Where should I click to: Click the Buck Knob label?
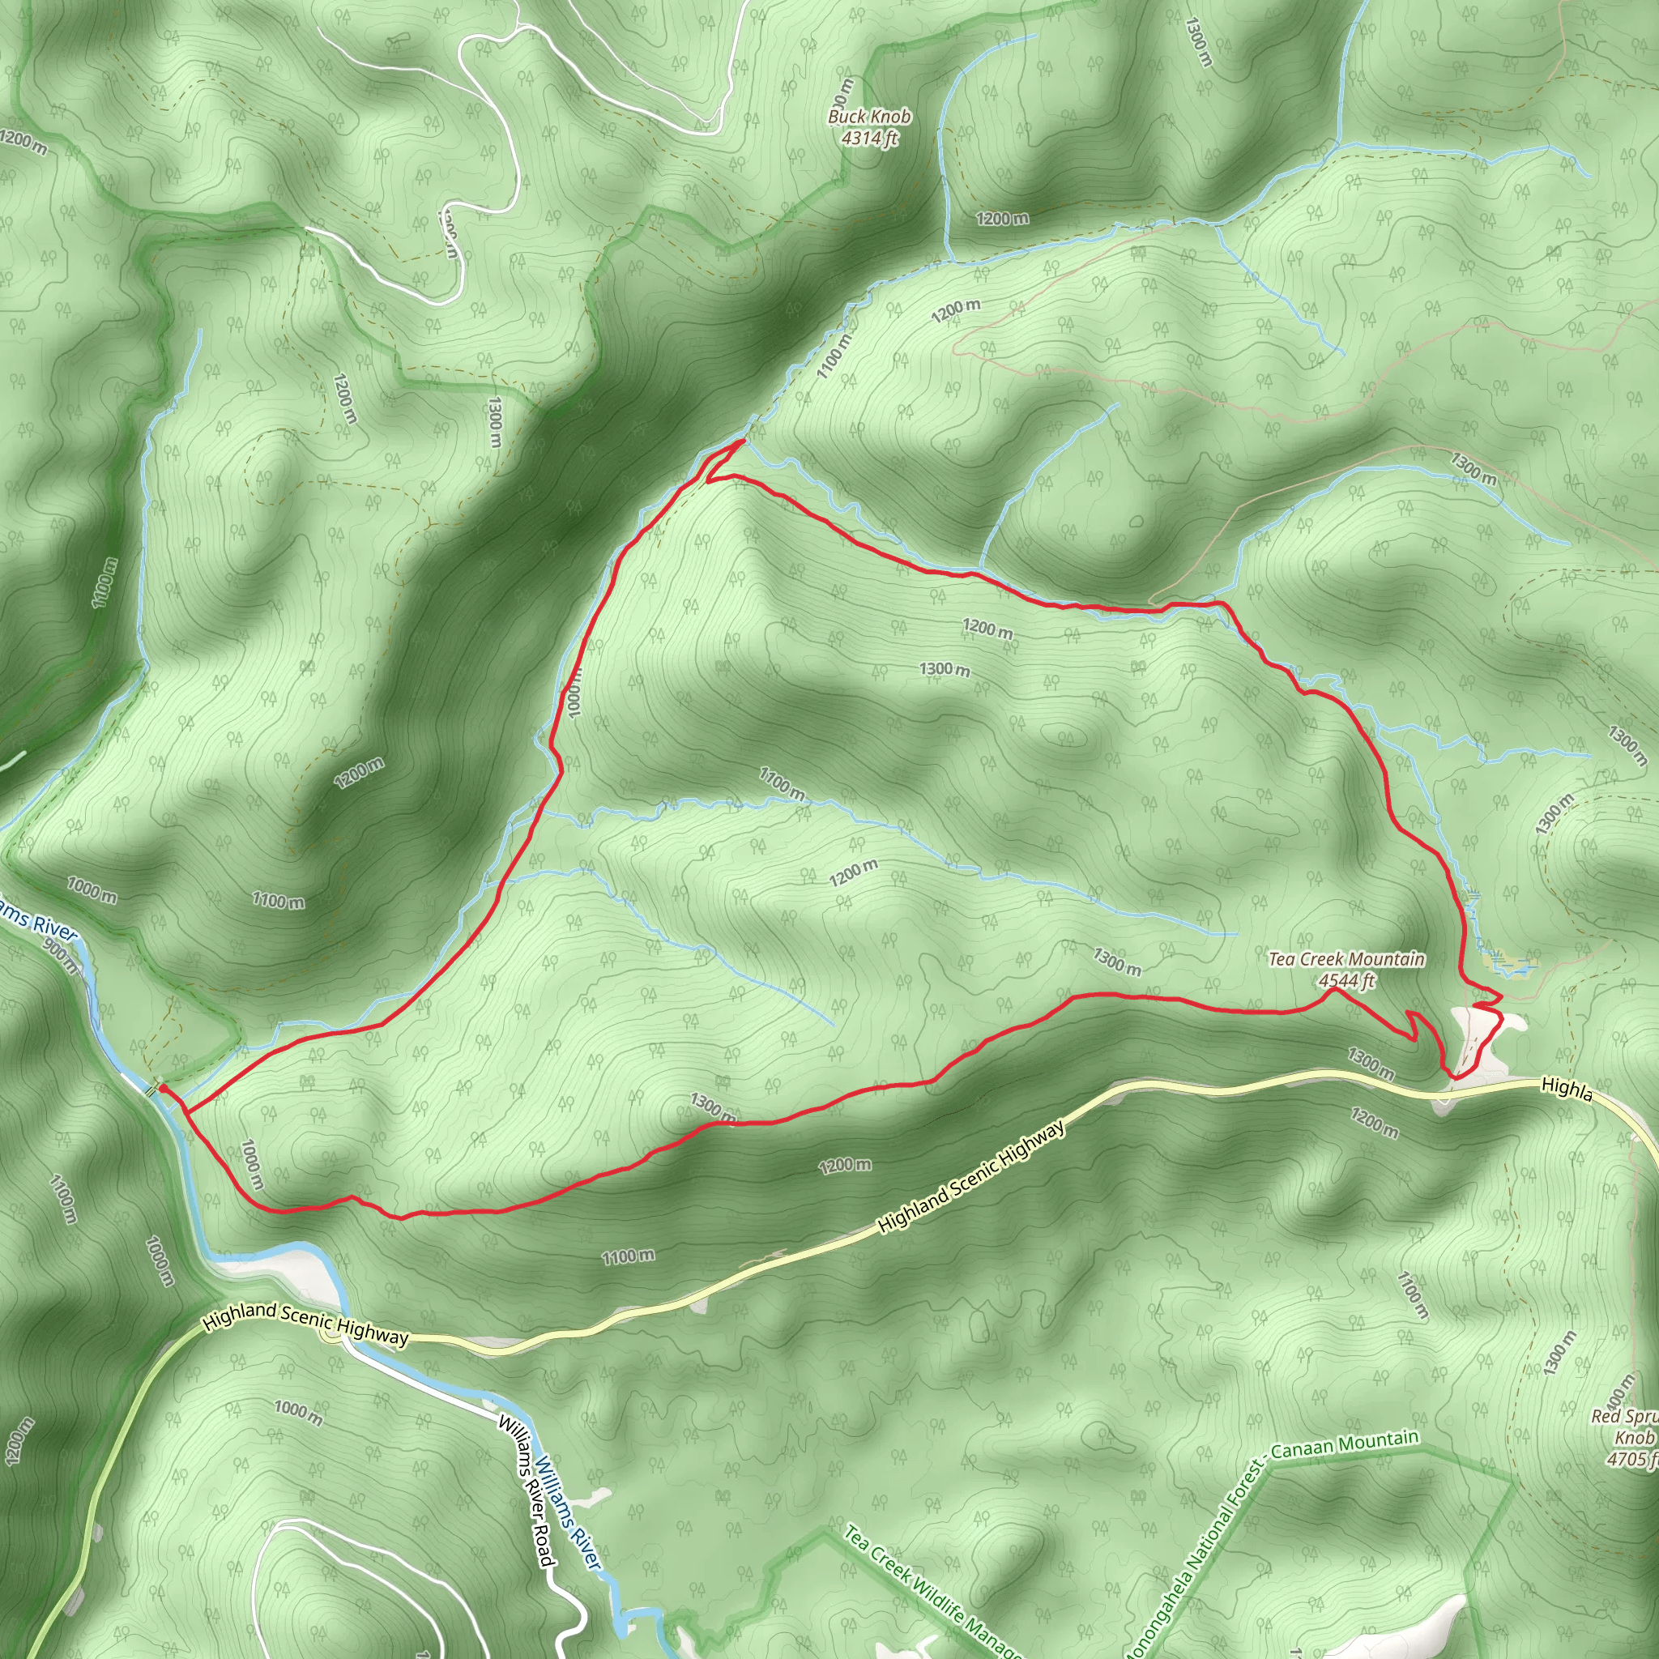click(869, 116)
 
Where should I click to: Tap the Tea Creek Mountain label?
click(1346, 959)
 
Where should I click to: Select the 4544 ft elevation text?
click(1346, 981)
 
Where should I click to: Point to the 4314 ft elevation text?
click(869, 138)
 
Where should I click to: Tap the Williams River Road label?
click(525, 1491)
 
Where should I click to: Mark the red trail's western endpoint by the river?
click(161, 1088)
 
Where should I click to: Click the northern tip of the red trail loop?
click(741, 441)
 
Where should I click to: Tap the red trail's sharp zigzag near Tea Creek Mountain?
click(1414, 1026)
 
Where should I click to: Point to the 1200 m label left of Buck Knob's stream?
click(1002, 219)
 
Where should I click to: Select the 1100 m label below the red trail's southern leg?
click(628, 1257)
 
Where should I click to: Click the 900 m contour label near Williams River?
click(61, 956)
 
